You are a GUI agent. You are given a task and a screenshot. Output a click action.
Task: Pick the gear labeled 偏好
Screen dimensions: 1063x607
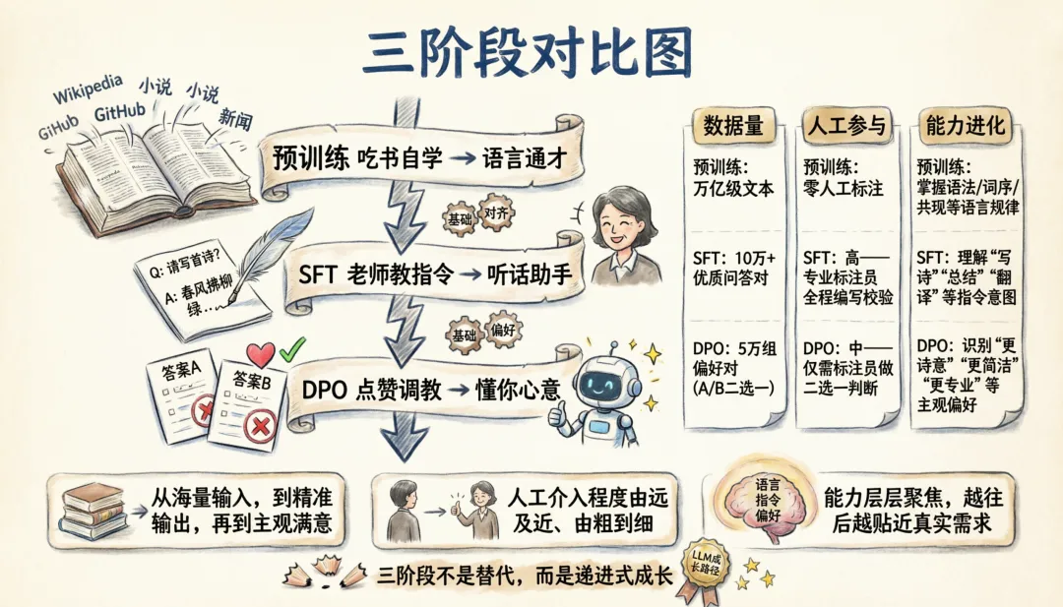503,331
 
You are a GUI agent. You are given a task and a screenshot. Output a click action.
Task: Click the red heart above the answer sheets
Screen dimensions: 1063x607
260,354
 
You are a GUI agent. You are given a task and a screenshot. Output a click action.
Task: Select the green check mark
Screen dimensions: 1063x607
290,349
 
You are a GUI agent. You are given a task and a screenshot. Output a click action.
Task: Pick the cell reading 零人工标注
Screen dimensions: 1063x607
844,188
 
